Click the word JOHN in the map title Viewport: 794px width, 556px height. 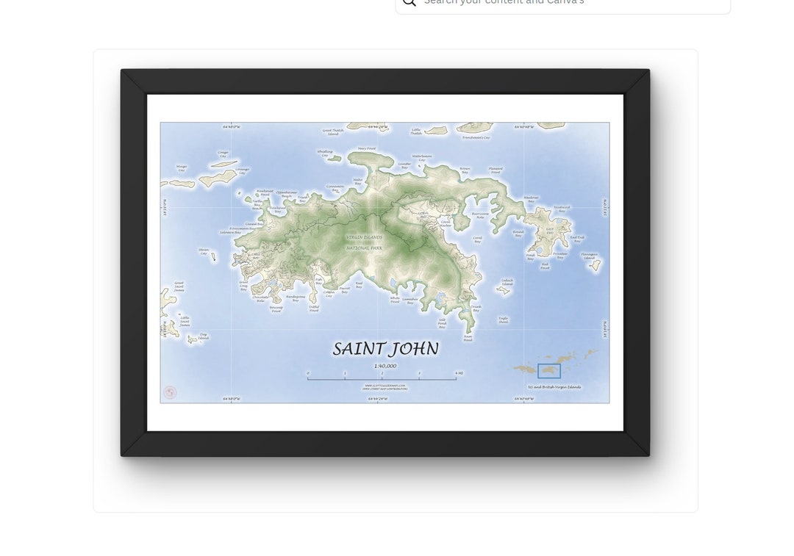414,349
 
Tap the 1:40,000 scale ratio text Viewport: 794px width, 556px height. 385,366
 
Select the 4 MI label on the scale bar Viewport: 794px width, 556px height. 459,373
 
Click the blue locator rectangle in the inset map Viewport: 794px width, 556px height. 549,371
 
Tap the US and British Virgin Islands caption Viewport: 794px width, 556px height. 554,387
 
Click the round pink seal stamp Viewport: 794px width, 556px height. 170,393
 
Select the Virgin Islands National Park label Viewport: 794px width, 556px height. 365,242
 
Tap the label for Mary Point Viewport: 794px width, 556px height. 367,149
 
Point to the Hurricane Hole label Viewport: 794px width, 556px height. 480,215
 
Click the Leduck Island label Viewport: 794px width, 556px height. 507,281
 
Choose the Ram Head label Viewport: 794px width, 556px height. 468,338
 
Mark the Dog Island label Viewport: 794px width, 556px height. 203,336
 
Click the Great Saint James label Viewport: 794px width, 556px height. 179,286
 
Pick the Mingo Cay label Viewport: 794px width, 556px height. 182,168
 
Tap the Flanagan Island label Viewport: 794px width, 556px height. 590,256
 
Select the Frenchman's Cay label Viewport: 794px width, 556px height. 476,137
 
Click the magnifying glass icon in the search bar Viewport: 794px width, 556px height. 409,2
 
